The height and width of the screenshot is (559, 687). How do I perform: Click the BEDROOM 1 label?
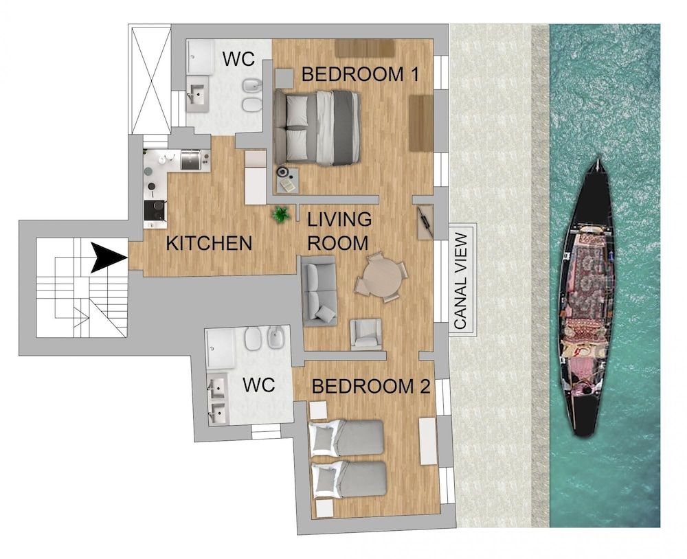(361, 74)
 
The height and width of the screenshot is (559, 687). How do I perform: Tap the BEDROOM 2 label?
(371, 387)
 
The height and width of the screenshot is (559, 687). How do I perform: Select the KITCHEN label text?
(210, 243)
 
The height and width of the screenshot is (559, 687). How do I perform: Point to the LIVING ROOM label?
(338, 231)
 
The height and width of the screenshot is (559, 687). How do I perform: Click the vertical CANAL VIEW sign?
(462, 280)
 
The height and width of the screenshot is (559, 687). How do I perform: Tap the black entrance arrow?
(109, 258)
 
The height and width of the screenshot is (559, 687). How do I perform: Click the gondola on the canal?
(586, 299)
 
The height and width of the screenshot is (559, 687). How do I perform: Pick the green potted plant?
(280, 215)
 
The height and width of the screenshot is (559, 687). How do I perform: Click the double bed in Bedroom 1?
(318, 128)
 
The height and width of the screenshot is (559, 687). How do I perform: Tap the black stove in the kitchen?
(155, 210)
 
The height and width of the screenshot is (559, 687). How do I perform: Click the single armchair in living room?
(366, 334)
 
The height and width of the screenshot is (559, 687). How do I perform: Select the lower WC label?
(258, 386)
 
